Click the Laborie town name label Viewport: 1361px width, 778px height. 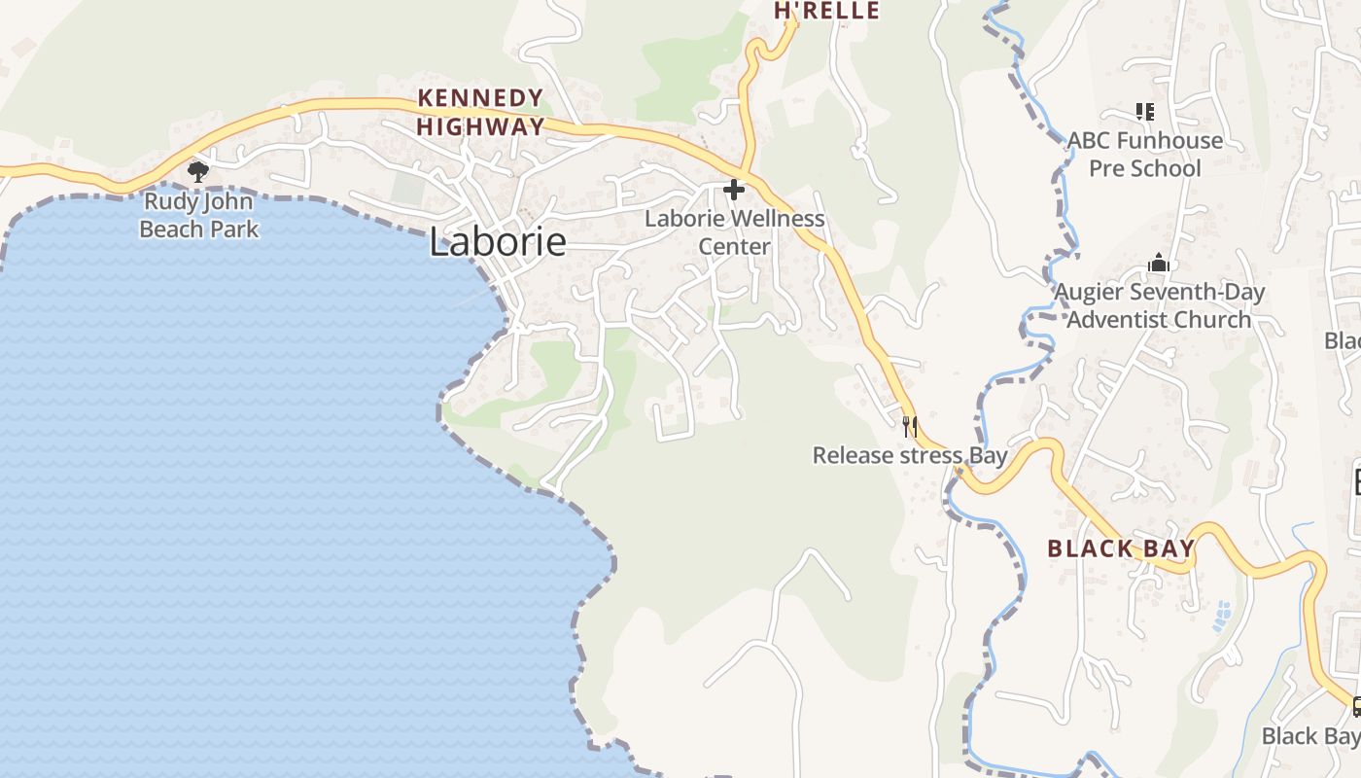click(x=497, y=242)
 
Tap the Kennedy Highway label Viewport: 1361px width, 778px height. click(x=480, y=112)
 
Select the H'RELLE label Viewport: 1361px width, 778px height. click(x=826, y=11)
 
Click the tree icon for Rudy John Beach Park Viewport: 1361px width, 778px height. click(x=198, y=172)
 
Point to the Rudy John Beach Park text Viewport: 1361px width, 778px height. click(x=199, y=216)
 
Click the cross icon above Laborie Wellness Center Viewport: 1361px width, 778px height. click(x=734, y=190)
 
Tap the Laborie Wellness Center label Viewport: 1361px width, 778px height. click(x=735, y=232)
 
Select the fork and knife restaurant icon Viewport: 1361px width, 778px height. click(x=910, y=425)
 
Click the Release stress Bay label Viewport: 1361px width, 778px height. click(x=909, y=455)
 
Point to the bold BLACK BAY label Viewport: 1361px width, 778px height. click(x=1121, y=548)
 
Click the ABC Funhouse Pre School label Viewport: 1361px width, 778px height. click(x=1145, y=155)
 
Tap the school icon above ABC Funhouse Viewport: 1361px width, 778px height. click(x=1145, y=112)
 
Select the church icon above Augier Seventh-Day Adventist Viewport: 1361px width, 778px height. click(x=1158, y=263)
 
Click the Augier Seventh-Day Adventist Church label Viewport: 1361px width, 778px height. click(x=1160, y=305)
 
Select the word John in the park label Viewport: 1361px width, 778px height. click(x=229, y=202)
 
